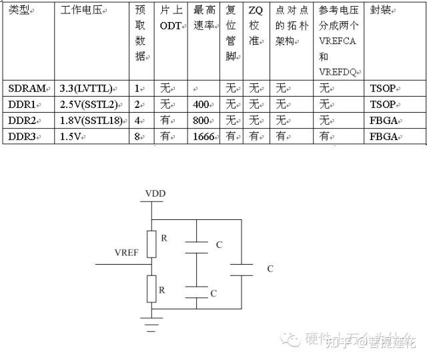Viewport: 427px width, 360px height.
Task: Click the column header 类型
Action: coord(21,12)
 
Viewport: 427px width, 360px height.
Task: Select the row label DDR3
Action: coord(26,136)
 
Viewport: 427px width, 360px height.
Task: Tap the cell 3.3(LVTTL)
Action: coord(85,87)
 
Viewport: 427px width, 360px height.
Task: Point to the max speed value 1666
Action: coord(203,136)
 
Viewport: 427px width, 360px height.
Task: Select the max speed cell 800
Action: coord(201,120)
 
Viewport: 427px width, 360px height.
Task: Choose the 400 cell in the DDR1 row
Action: coord(201,104)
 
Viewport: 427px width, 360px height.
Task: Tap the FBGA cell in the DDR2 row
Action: coord(384,120)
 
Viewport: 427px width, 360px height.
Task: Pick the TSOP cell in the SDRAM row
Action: coord(383,87)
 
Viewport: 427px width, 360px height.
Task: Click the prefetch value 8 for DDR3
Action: coord(138,136)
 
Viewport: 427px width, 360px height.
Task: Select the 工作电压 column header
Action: coord(84,12)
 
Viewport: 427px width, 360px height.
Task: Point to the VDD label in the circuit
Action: coord(155,194)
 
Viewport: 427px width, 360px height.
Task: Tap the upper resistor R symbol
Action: coord(152,243)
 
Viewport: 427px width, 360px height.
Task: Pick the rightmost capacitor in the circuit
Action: coord(240,269)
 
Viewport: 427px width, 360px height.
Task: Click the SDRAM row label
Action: coord(27,87)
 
